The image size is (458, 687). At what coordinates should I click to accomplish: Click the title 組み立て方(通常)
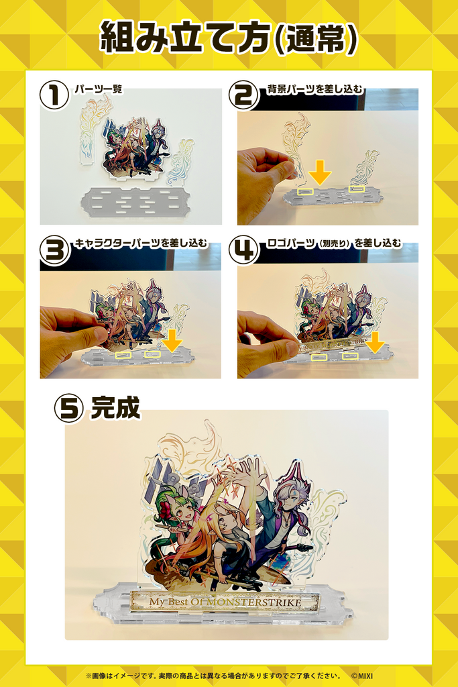point(229,38)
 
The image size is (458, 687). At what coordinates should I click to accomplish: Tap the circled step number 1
point(54,95)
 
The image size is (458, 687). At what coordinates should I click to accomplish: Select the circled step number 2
point(243,95)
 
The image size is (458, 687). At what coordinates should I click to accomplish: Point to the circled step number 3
point(54,250)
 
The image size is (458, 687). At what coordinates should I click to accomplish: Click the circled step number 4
point(243,250)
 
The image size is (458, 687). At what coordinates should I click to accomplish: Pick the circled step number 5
point(69,407)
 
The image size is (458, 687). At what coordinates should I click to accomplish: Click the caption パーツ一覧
point(98,89)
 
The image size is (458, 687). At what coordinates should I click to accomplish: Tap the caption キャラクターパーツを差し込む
point(140,243)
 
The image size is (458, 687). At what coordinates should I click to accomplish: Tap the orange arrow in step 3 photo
point(172,339)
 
